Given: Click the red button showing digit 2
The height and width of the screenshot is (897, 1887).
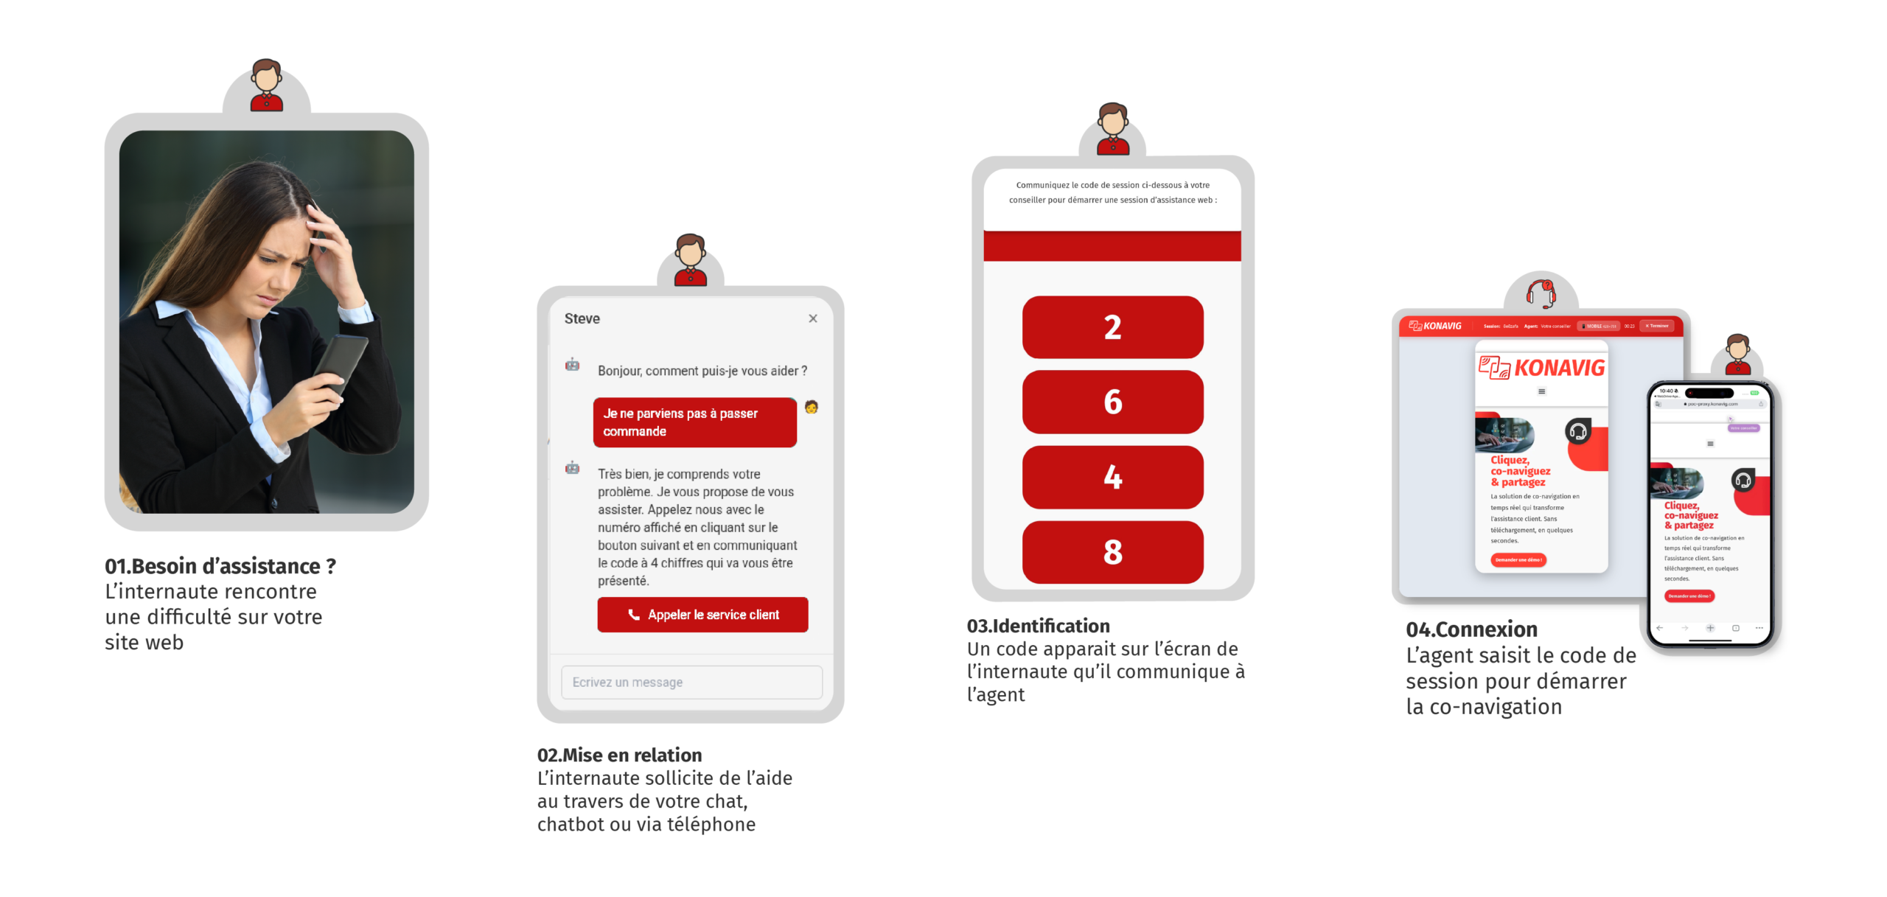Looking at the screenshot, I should (1112, 327).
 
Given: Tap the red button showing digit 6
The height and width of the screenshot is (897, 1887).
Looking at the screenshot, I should (1112, 402).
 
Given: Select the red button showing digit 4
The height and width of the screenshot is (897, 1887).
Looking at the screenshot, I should (1112, 477).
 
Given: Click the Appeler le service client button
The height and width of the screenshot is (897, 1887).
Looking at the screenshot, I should (702, 615).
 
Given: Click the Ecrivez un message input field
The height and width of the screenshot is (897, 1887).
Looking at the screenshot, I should (691, 683).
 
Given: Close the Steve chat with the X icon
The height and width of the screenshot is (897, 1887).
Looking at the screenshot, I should (813, 318).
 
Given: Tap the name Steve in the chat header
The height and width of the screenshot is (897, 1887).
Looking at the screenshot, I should (582, 318).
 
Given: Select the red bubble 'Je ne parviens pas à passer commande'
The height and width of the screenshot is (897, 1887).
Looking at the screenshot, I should (694, 422).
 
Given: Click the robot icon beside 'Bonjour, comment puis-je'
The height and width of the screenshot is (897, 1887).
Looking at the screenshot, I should (572, 365).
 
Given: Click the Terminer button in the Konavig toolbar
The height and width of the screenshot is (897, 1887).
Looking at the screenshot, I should (1657, 326).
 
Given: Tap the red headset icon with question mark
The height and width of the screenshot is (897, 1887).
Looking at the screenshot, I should (1541, 294).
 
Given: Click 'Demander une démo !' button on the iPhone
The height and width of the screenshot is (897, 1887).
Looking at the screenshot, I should (1689, 596).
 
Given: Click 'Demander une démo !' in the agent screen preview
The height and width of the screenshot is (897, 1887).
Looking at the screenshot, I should (1518, 560).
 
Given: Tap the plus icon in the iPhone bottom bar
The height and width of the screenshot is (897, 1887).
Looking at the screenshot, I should (1710, 628).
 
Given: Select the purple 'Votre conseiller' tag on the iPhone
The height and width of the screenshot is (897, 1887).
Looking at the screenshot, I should (1744, 427).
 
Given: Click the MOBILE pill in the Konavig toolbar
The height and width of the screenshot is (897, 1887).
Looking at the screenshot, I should (1597, 326).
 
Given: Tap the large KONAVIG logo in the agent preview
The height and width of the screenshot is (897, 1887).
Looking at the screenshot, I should (1542, 368).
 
